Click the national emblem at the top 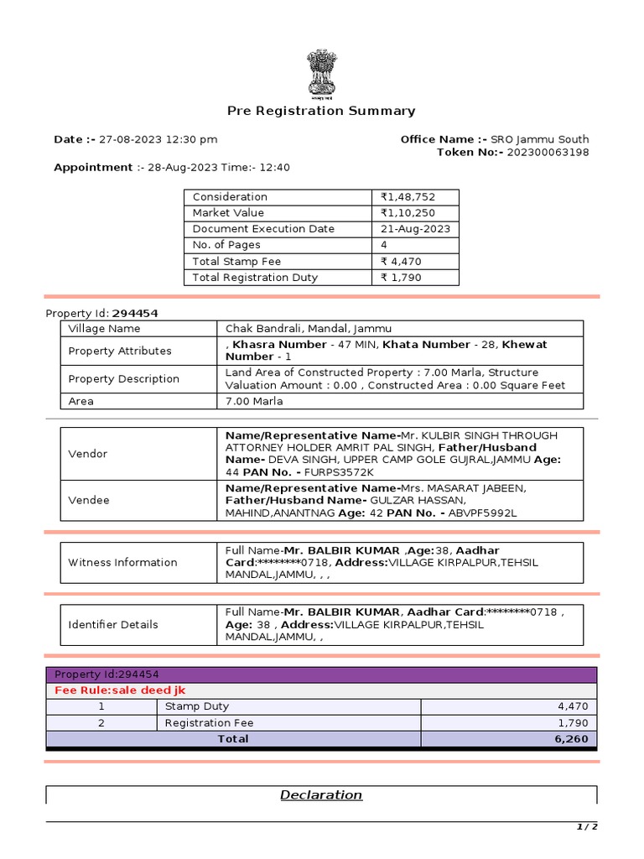coord(321,74)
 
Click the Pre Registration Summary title coord(321,111)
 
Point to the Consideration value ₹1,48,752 coord(408,197)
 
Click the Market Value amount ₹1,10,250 coord(408,213)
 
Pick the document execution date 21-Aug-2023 coord(415,229)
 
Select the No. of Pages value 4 coord(384,245)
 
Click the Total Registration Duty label coord(255,277)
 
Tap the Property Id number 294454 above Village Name coord(135,313)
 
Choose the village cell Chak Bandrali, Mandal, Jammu coord(309,329)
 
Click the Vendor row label coord(87,454)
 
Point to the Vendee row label coord(88,500)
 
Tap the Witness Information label coord(123,562)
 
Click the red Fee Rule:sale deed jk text coord(120,690)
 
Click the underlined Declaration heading coord(321,795)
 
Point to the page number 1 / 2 coord(586,827)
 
